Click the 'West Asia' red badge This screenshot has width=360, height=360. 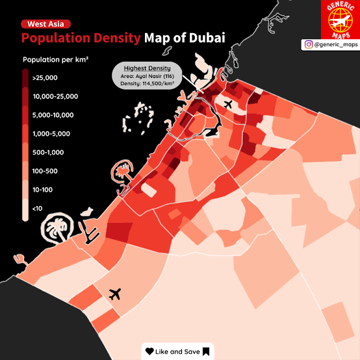click(45, 24)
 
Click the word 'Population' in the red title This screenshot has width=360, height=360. click(56, 38)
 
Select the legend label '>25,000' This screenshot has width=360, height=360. click(45, 78)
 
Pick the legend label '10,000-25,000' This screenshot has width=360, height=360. click(55, 96)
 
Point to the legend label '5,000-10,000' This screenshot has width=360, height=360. click(53, 115)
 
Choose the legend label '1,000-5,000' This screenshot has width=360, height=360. click(51, 134)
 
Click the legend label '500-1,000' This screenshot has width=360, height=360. click(48, 152)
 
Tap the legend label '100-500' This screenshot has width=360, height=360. click(45, 171)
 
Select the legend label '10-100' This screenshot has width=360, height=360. click(42, 190)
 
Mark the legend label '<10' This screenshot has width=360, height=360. click(37, 209)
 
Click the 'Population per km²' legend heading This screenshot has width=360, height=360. click(56, 60)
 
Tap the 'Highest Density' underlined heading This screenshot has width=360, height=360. click(147, 68)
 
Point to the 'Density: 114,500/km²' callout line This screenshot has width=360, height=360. click(147, 83)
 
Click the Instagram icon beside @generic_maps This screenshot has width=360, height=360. click(309, 44)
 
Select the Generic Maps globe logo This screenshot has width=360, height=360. click(341, 20)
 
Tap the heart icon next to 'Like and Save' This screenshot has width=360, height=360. click(149, 352)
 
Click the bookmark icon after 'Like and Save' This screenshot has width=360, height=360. click(206, 352)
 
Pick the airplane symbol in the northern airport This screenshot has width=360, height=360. click(228, 104)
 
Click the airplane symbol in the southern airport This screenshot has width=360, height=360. click(115, 294)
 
